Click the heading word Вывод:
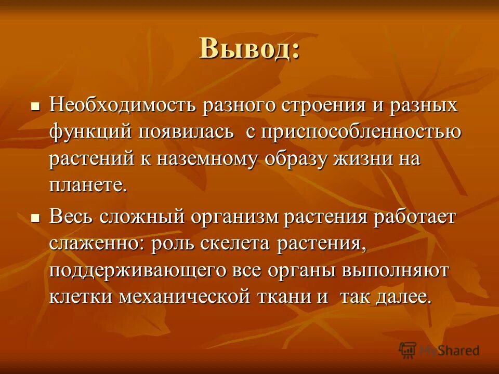click(249, 49)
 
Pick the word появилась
click(185, 132)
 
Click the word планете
click(88, 186)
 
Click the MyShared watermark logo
click(439, 350)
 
